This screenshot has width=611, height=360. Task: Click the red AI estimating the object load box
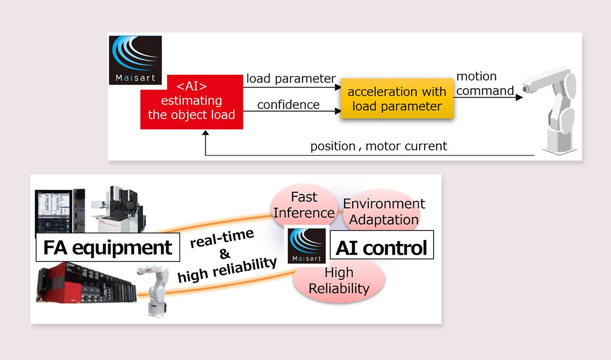[x=191, y=102]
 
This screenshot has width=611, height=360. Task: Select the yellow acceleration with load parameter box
[x=397, y=99]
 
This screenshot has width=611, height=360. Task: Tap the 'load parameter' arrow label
[x=291, y=79]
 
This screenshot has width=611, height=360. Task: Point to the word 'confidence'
[x=288, y=104]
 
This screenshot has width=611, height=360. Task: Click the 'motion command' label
[x=485, y=83]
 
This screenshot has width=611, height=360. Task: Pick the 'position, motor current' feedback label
[x=379, y=146]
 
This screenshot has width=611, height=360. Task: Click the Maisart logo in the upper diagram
[x=136, y=60]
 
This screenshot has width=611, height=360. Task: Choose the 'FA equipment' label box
[x=107, y=247]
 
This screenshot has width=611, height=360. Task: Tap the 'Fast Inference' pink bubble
[x=304, y=205]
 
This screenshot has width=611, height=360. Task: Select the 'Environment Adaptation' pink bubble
[x=384, y=211]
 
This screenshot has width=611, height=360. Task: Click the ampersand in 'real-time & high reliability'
[x=225, y=255]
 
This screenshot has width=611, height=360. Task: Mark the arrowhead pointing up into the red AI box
[x=205, y=134]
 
